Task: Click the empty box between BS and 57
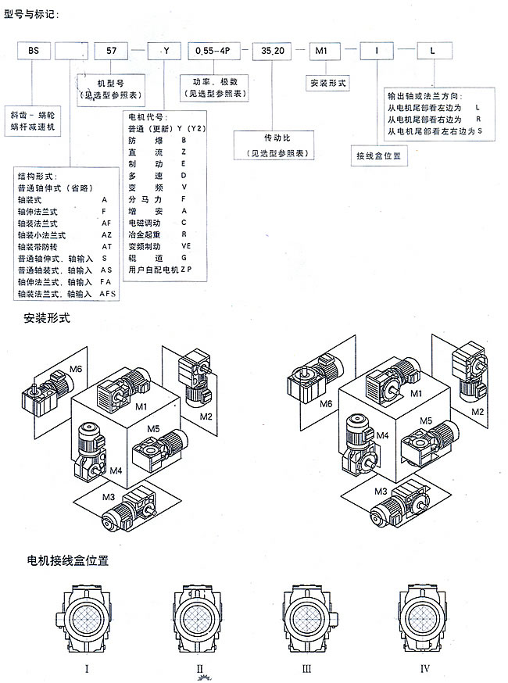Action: [x=73, y=52]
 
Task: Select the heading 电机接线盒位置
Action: [x=67, y=560]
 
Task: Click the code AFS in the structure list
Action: [x=107, y=294]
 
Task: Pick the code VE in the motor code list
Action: [x=186, y=245]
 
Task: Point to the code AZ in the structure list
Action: [x=106, y=234]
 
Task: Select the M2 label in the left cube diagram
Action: [x=206, y=416]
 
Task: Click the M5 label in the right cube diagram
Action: [x=425, y=420]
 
